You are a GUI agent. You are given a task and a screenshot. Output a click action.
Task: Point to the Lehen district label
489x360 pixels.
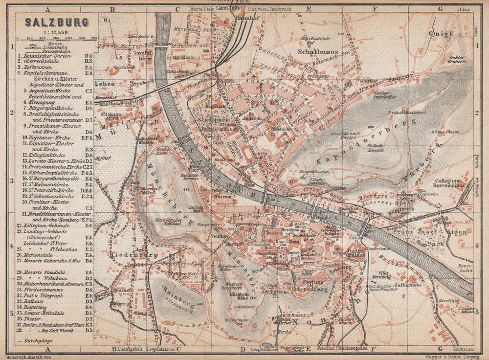coord(105,84)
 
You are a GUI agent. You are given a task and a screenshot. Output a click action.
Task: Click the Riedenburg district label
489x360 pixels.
coord(126,255)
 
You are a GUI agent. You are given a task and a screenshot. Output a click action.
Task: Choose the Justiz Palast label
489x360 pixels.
coord(356,252)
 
